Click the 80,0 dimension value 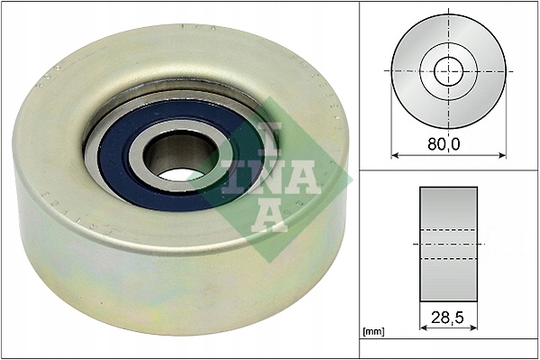coord(448,142)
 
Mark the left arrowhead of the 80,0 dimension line coord(394,155)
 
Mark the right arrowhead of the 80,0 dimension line coord(503,155)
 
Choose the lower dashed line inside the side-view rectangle coord(449,260)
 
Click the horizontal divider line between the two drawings coord(449,169)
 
